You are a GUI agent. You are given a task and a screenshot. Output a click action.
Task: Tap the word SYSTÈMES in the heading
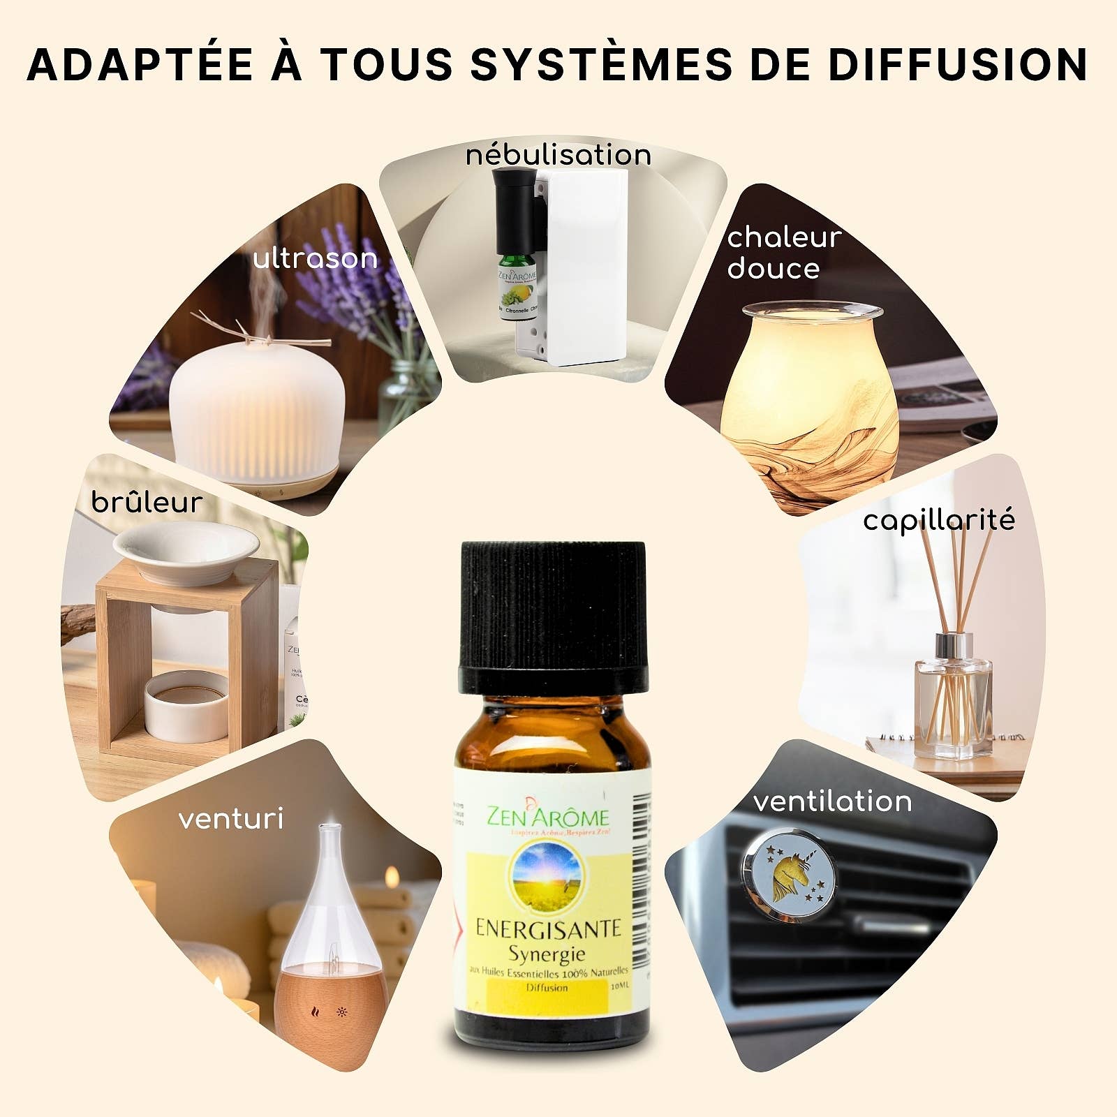pyautogui.click(x=601, y=64)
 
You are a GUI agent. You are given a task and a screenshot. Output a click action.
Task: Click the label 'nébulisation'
pyautogui.click(x=558, y=154)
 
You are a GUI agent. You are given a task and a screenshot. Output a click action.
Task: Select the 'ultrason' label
pyautogui.click(x=315, y=258)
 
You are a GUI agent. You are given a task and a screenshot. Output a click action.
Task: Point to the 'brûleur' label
pyautogui.click(x=147, y=502)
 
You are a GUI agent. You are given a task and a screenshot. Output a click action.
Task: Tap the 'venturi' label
pyautogui.click(x=231, y=818)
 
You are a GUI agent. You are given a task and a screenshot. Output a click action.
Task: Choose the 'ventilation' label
pyautogui.click(x=832, y=801)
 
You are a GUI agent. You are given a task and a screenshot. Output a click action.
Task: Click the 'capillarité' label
pyautogui.click(x=938, y=520)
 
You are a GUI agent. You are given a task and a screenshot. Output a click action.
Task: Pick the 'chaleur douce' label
pyautogui.click(x=783, y=253)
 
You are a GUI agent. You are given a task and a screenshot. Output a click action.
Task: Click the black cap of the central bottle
pyautogui.click(x=553, y=614)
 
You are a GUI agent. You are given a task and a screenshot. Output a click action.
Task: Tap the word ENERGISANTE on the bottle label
pyautogui.click(x=548, y=929)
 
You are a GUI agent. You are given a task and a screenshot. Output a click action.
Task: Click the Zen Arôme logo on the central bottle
pyautogui.click(x=548, y=817)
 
